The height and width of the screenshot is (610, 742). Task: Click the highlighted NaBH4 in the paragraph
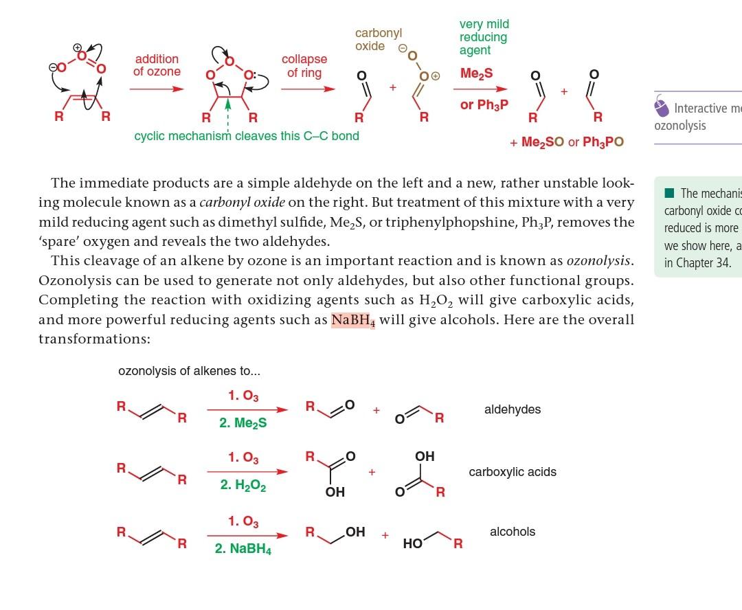[353, 320]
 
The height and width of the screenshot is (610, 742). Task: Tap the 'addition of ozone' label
[157, 65]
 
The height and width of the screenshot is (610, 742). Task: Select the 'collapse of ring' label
[304, 66]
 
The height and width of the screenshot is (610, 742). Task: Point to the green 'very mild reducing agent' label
[484, 37]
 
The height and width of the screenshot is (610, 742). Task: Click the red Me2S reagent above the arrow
[476, 74]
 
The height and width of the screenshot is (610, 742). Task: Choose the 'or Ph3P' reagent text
[484, 105]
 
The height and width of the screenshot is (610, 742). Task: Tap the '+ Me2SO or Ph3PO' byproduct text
[567, 142]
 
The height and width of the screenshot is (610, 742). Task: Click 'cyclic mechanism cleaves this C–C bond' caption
[247, 136]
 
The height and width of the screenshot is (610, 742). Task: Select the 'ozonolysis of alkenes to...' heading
[189, 371]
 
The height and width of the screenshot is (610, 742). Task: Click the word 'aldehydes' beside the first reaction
[512, 409]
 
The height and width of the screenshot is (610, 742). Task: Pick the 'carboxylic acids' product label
[513, 472]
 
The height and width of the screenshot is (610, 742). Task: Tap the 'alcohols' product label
[512, 532]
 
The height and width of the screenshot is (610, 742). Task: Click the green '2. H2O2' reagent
[243, 486]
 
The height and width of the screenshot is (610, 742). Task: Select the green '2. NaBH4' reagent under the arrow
[243, 550]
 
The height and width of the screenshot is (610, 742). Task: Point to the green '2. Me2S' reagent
[243, 423]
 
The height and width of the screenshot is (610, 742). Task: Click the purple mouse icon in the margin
[661, 107]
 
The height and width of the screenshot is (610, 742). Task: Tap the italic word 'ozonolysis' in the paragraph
[598, 262]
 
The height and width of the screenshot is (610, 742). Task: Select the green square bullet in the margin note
[669, 193]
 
